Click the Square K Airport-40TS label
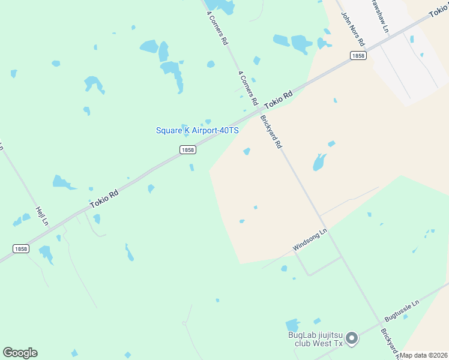pyautogui.click(x=197, y=130)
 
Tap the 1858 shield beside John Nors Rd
pyautogui.click(x=358, y=55)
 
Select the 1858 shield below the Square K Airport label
pyautogui.click(x=187, y=150)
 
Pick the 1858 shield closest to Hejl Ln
pyautogui.click(x=20, y=248)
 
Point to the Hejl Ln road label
pyautogui.click(x=41, y=216)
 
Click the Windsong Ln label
pyautogui.click(x=310, y=239)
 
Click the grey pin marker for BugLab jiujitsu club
pyautogui.click(x=352, y=339)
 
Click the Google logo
pyautogui.click(x=20, y=353)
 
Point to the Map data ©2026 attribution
pyautogui.click(x=424, y=355)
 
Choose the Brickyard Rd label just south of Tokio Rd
pyautogui.click(x=271, y=132)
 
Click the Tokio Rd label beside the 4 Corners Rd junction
pyautogui.click(x=278, y=99)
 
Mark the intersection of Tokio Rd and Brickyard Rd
pyautogui.click(x=260, y=110)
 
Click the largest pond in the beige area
pyautogui.click(x=319, y=161)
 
